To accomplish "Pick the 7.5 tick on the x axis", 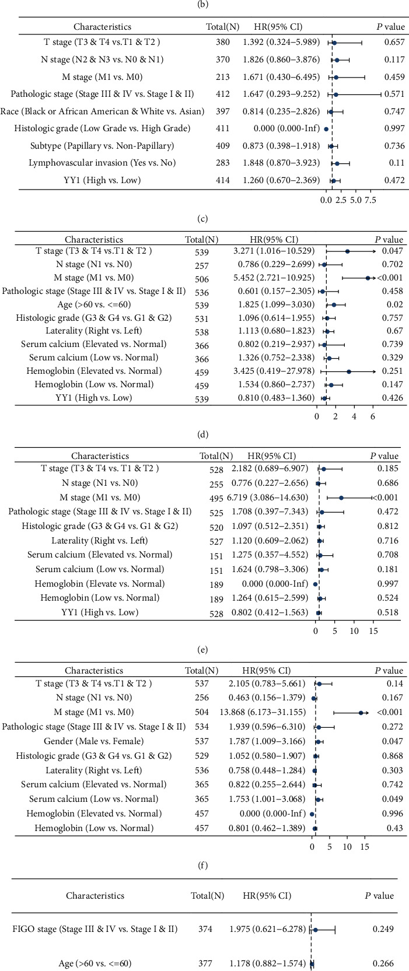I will [x=369, y=201].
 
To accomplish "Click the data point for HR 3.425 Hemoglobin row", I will [x=349, y=371].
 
